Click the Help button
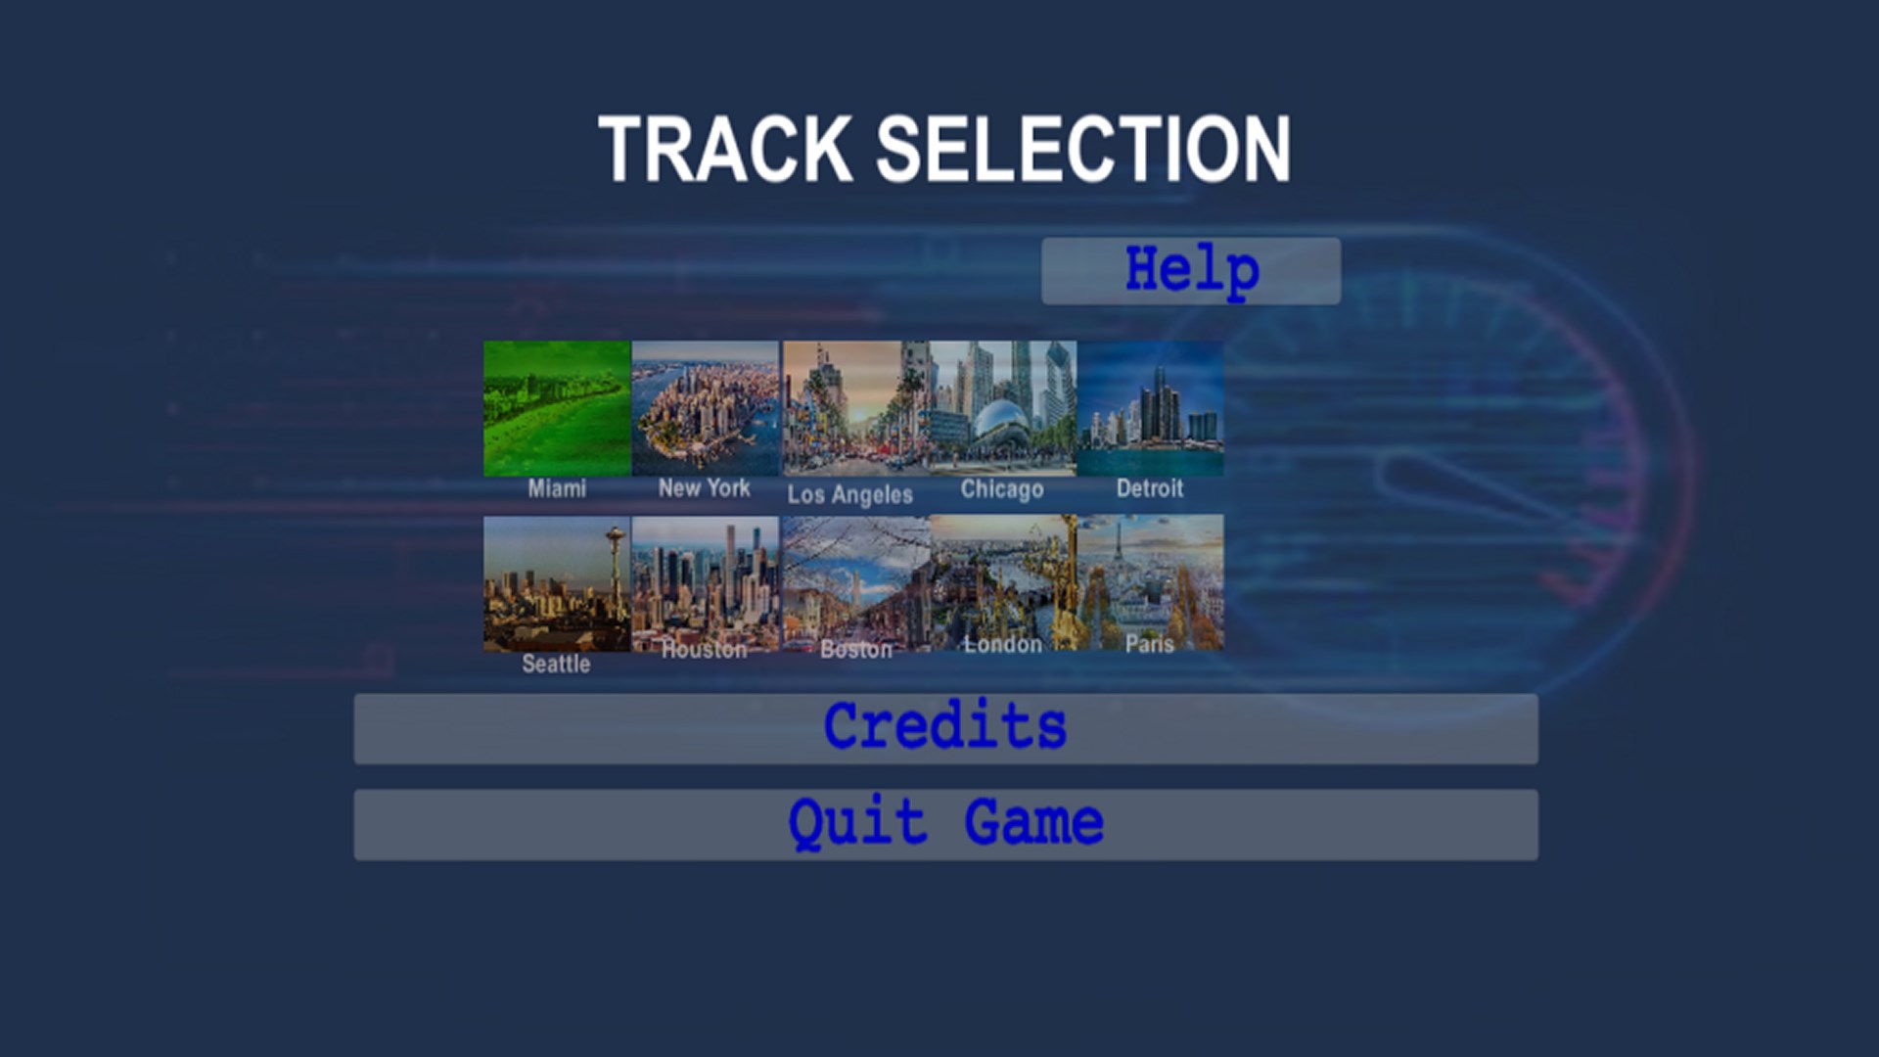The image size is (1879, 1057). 1191,271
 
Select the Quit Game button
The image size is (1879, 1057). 945,825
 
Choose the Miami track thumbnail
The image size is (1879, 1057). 557,408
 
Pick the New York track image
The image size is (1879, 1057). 706,408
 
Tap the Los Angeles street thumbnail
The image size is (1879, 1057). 856,408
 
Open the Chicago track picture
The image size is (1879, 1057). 1003,408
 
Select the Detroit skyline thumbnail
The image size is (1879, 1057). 1150,408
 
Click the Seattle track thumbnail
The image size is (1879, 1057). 557,583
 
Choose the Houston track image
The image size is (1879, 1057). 706,583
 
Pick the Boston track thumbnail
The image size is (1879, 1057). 856,583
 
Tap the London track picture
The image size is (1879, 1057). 1003,583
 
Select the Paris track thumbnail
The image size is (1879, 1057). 1150,583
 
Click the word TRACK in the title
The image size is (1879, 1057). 725,149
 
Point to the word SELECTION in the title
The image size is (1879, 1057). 1083,149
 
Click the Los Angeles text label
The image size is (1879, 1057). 849,495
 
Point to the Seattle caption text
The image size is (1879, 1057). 556,665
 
